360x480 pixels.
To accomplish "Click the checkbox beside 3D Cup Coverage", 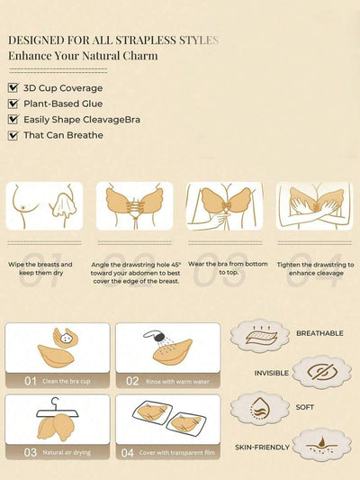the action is (13, 88).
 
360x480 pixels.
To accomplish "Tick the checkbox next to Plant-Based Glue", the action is (13, 104).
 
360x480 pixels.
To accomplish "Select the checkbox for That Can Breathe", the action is (13, 135).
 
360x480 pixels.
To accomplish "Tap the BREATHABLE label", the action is (319, 333).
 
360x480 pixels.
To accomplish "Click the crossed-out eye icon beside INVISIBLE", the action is (322, 372).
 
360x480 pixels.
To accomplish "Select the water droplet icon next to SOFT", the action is (259, 408).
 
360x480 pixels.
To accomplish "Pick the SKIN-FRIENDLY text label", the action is (262, 448).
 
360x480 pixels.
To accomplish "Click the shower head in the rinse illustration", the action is (155, 336).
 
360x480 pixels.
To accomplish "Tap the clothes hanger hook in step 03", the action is (56, 403).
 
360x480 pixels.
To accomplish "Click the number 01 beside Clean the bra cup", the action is (31, 381).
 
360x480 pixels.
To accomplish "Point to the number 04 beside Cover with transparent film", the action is (127, 452).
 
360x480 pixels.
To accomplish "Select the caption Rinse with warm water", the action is (177, 382).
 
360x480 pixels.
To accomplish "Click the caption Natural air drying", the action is (67, 452).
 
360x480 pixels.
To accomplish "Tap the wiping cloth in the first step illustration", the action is (64, 203).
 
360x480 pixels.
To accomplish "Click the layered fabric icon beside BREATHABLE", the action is (261, 336).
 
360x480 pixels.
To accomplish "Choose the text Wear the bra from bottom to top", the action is (228, 267).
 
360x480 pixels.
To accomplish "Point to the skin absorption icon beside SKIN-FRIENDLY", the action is (322, 444).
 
